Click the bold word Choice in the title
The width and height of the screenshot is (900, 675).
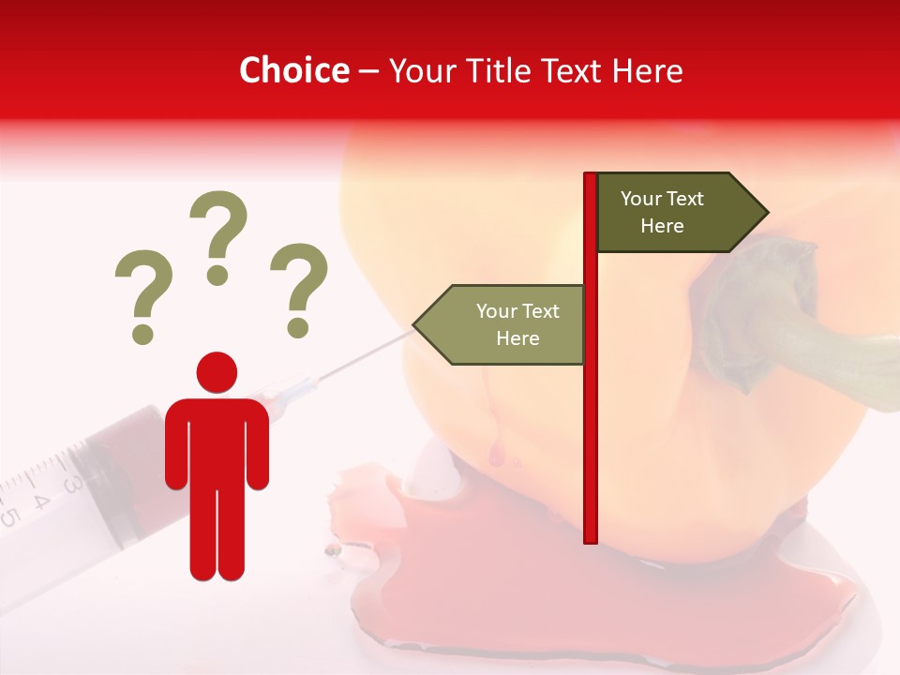click(293, 71)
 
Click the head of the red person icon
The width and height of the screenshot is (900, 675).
click(217, 372)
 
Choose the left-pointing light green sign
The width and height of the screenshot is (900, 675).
click(506, 324)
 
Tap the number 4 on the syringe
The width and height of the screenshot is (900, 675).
click(42, 500)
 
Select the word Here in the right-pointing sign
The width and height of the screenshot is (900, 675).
click(662, 226)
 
